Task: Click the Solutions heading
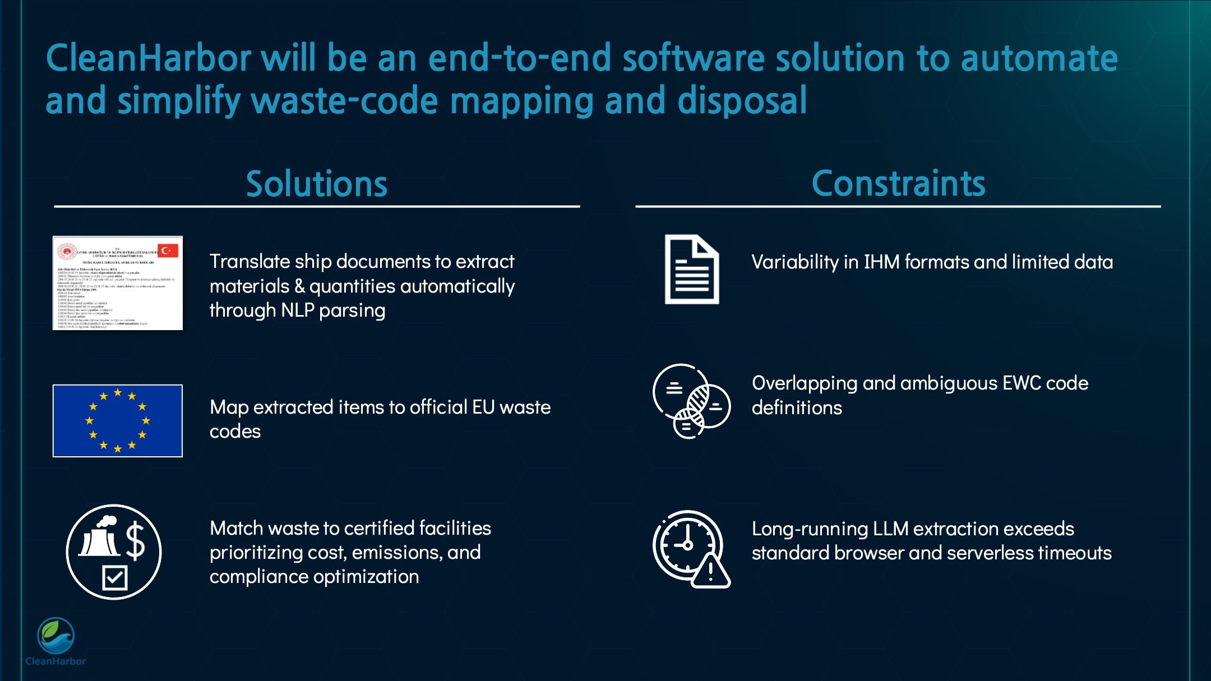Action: point(317,184)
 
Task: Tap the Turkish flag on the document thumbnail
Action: point(167,251)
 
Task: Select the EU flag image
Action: point(118,420)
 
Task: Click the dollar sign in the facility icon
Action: point(135,541)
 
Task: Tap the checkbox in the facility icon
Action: point(115,577)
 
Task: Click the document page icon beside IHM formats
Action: point(691,270)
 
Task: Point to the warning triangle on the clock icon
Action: point(710,572)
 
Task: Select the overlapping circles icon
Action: point(692,401)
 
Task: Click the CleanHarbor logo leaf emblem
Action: point(56,636)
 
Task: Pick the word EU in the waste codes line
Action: point(483,407)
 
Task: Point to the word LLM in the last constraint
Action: point(890,529)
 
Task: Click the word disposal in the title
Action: point(742,101)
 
